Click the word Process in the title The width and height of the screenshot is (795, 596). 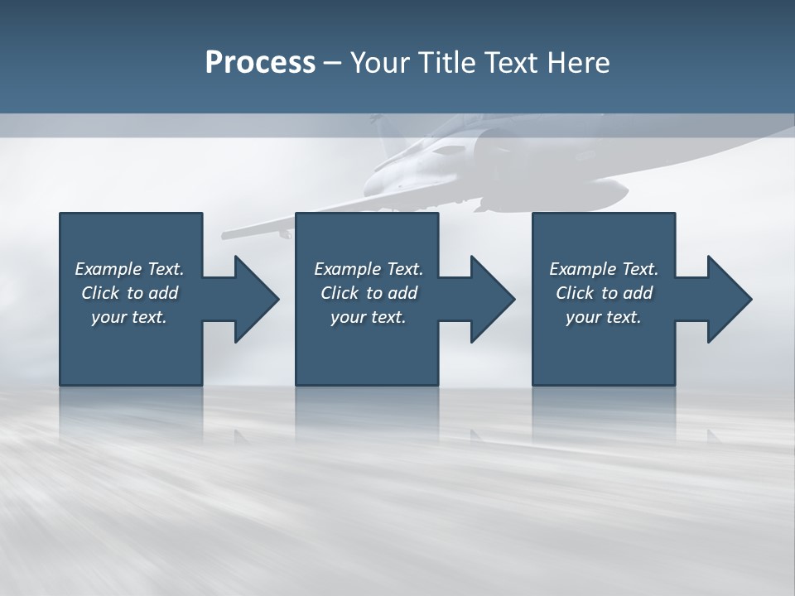tap(260, 63)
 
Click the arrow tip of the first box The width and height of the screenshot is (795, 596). tap(277, 299)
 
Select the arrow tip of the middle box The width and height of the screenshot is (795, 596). tap(513, 299)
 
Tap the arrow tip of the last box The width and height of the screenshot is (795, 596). tap(749, 299)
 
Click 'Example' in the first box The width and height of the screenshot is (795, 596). tap(108, 269)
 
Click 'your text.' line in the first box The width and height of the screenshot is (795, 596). tap(129, 317)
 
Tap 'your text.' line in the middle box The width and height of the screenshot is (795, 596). tap(369, 317)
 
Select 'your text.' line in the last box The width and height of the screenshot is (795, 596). tap(604, 317)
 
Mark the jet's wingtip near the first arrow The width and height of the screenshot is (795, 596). tap(227, 233)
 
